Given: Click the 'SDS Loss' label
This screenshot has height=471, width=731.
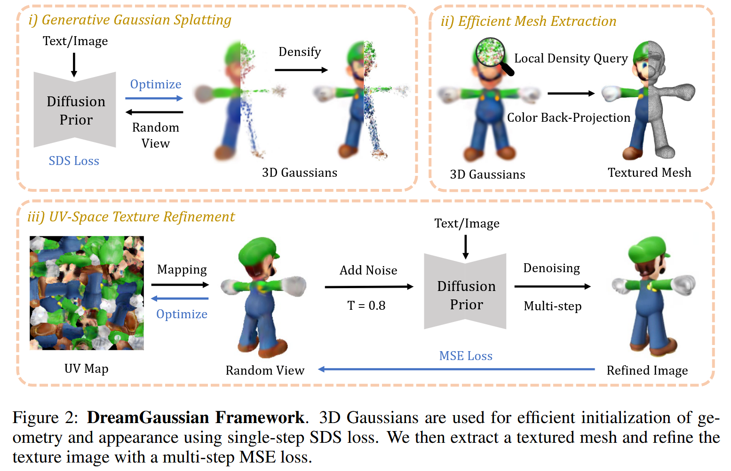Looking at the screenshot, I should pos(74,161).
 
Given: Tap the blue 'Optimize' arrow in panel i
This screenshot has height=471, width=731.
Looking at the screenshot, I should pos(154,98).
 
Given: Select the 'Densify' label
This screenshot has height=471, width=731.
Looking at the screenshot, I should pos(300,52).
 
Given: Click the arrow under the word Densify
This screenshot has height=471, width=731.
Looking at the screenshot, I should pos(301,70).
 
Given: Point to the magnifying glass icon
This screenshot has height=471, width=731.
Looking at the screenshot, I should pos(493,55).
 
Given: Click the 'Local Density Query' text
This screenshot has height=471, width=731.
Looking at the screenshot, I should pos(571,58).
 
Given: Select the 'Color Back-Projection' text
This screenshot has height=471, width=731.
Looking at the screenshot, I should pos(568,118).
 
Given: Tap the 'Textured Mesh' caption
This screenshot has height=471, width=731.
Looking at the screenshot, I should pos(649,173).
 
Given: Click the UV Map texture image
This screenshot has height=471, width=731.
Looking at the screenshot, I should pos(87,293).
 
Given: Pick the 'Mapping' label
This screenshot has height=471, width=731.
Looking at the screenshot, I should pos(182,269).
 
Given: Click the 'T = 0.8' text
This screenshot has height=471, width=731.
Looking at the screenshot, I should pos(366,306).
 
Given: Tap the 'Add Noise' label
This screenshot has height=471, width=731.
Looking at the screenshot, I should pos(368,270).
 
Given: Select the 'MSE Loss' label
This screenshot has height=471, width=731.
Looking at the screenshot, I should pos(466,356).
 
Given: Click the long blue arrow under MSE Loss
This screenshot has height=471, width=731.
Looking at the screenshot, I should pos(456,369).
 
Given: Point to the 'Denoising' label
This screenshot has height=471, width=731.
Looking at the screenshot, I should pos(551,268).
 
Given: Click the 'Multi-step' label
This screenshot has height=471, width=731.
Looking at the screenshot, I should pos(553,306).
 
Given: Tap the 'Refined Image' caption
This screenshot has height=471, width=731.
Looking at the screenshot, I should pos(647,370).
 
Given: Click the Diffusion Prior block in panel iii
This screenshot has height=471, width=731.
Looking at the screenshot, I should pos(465,292).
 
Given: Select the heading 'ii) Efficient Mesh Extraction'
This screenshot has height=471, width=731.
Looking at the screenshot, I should pos(528,21).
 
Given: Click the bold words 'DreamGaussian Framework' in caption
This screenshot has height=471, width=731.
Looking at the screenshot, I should pos(195,417).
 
